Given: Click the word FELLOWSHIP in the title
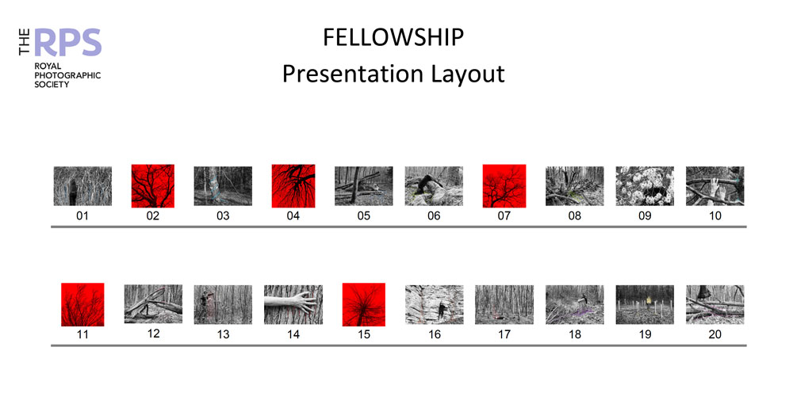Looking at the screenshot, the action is pyautogui.click(x=393, y=38).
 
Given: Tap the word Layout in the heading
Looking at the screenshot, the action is pyautogui.click(x=468, y=74).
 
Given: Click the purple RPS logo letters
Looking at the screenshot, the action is pyautogui.click(x=68, y=43).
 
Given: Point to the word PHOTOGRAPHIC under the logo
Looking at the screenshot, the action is pyautogui.click(x=67, y=75).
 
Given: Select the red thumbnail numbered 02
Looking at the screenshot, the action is pyautogui.click(x=153, y=186).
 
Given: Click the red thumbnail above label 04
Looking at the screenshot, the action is pyautogui.click(x=293, y=186).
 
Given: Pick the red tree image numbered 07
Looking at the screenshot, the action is pyautogui.click(x=504, y=186).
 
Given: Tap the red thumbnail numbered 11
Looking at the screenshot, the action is pyautogui.click(x=82, y=304).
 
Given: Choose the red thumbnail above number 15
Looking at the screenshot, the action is pyautogui.click(x=364, y=304).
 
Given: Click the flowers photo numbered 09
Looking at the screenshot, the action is pyautogui.click(x=645, y=186).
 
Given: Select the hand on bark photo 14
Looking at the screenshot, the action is pyautogui.click(x=293, y=304).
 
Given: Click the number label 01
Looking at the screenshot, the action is pyautogui.click(x=82, y=216).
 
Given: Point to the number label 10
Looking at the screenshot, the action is pyautogui.click(x=715, y=216).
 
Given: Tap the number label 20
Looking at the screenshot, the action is pyautogui.click(x=715, y=334).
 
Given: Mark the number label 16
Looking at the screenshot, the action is pyautogui.click(x=435, y=334).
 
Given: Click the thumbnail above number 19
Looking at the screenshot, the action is pyautogui.click(x=645, y=304).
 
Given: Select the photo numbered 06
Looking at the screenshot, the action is pyautogui.click(x=434, y=186).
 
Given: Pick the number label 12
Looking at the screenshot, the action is pyautogui.click(x=153, y=334).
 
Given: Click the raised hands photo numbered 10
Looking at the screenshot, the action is pyautogui.click(x=715, y=186).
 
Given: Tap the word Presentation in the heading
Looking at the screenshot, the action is pyautogui.click(x=353, y=74).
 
